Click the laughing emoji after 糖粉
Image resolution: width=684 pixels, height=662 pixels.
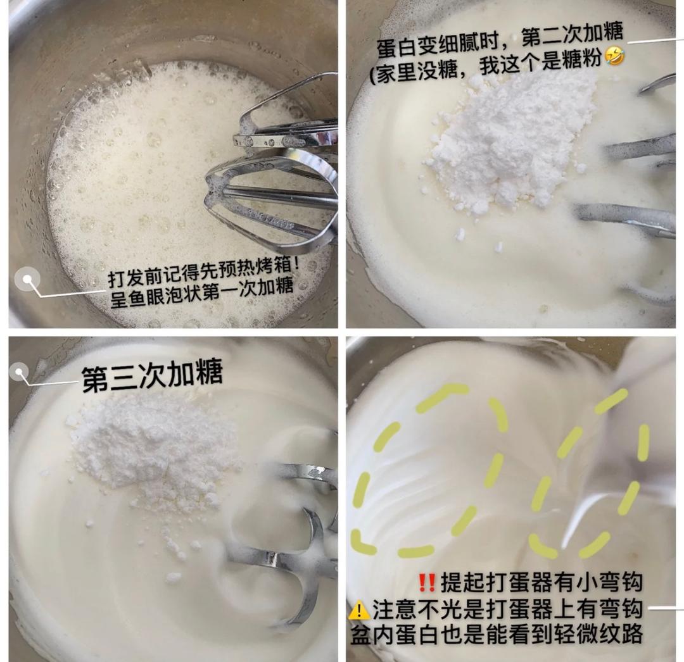point(614,56)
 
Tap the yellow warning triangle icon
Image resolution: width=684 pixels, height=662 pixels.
point(359,610)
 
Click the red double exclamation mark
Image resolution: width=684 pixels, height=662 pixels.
point(427,581)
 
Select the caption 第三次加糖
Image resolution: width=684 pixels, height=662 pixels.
point(152,376)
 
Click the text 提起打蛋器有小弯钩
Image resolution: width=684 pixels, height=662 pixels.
point(541,581)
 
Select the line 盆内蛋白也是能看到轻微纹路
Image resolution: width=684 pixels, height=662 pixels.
point(497,634)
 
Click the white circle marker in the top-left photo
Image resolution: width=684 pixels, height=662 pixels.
point(27,279)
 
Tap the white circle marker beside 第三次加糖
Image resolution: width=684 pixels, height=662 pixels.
point(20,372)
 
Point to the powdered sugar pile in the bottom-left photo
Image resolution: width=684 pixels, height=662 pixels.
point(152,449)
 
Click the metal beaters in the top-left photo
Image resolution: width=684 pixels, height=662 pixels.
point(279,171)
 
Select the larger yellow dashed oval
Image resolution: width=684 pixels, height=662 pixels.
point(431,472)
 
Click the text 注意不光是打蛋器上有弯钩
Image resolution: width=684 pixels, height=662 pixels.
point(507,609)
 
